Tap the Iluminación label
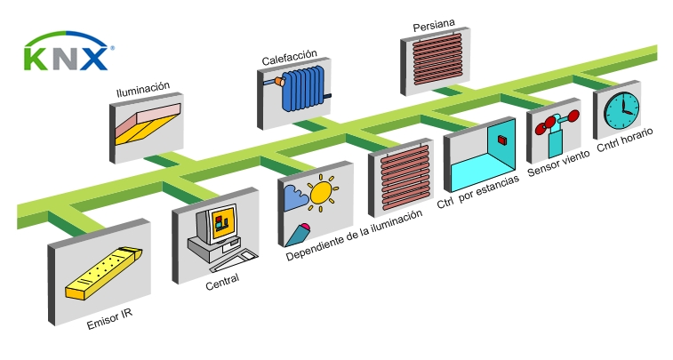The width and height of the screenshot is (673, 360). click(143, 90)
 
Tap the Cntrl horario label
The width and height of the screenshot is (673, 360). click(625, 142)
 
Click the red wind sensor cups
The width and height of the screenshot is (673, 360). click(555, 122)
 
